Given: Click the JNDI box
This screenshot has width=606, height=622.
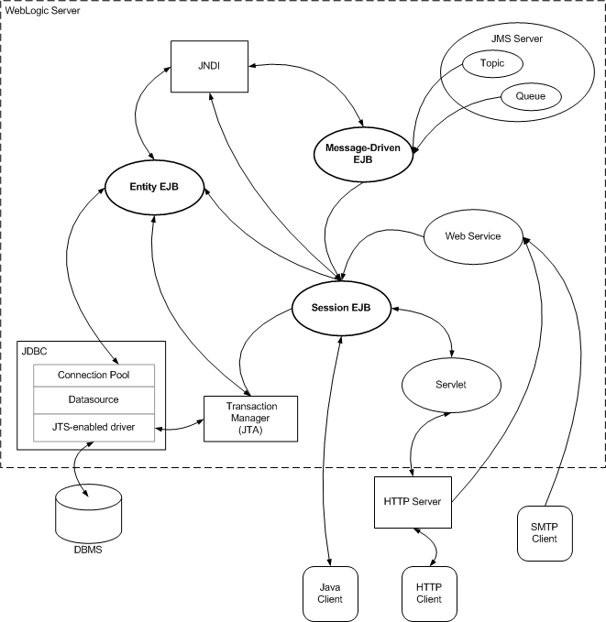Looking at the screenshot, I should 211,65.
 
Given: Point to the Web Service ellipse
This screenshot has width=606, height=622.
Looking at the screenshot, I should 472,236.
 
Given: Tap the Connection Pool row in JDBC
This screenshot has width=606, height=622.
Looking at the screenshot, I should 93,375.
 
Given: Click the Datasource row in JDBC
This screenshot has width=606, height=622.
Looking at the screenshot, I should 93,400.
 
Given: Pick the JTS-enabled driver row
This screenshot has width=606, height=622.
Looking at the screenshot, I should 93,426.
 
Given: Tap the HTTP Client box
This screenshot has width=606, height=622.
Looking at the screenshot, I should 428,592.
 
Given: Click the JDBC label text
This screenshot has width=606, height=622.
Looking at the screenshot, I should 34,349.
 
